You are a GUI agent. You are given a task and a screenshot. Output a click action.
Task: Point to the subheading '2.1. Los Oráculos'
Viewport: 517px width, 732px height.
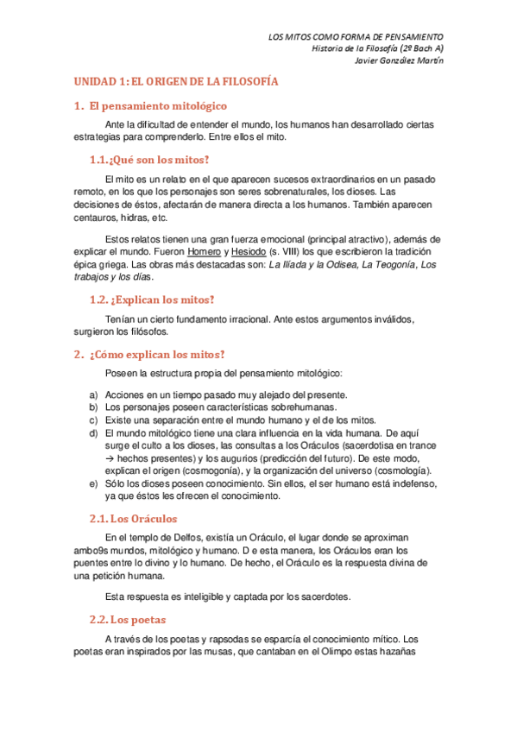click(133, 518)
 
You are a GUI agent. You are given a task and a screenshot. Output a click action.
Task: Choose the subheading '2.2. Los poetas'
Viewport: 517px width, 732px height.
click(128, 619)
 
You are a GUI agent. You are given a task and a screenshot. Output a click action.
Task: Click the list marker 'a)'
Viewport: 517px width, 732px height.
click(93, 394)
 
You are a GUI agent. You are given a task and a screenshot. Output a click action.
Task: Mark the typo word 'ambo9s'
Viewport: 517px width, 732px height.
click(91, 549)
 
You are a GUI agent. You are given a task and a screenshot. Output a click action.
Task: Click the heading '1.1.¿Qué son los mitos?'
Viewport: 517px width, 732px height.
click(149, 160)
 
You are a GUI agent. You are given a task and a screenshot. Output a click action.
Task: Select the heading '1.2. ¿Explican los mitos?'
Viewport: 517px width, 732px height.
click(152, 300)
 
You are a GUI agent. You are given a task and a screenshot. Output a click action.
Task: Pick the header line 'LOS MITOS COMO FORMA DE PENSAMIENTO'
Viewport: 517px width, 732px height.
click(356, 36)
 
